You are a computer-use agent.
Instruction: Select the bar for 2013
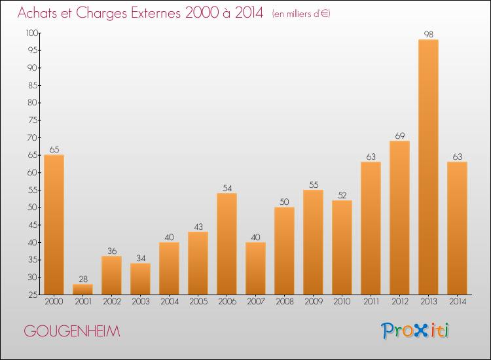coord(428,167)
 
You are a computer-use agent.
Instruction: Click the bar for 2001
coord(82,289)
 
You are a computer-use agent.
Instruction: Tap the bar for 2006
coord(227,244)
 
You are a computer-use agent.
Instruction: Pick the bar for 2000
coord(54,225)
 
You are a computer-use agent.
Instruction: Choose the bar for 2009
coord(313,242)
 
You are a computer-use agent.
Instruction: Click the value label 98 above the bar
coord(428,35)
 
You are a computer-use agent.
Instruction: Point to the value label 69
coord(400,136)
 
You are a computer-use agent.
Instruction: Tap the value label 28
coord(83,279)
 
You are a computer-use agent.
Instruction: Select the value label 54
coord(227,188)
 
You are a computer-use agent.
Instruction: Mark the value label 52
coord(342,195)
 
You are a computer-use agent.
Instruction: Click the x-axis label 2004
coord(170,302)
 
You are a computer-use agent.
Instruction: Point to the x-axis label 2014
coord(458,302)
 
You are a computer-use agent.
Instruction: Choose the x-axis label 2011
coord(371,302)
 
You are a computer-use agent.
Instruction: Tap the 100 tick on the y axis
coord(32,33)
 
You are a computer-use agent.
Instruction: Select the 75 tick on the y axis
coord(33,120)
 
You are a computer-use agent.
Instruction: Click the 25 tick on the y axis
coord(33,295)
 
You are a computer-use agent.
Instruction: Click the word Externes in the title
coord(156,12)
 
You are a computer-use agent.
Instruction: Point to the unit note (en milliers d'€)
coord(301,14)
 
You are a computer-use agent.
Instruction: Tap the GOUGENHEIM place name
coord(72,331)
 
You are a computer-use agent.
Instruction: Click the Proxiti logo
coord(415,331)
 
